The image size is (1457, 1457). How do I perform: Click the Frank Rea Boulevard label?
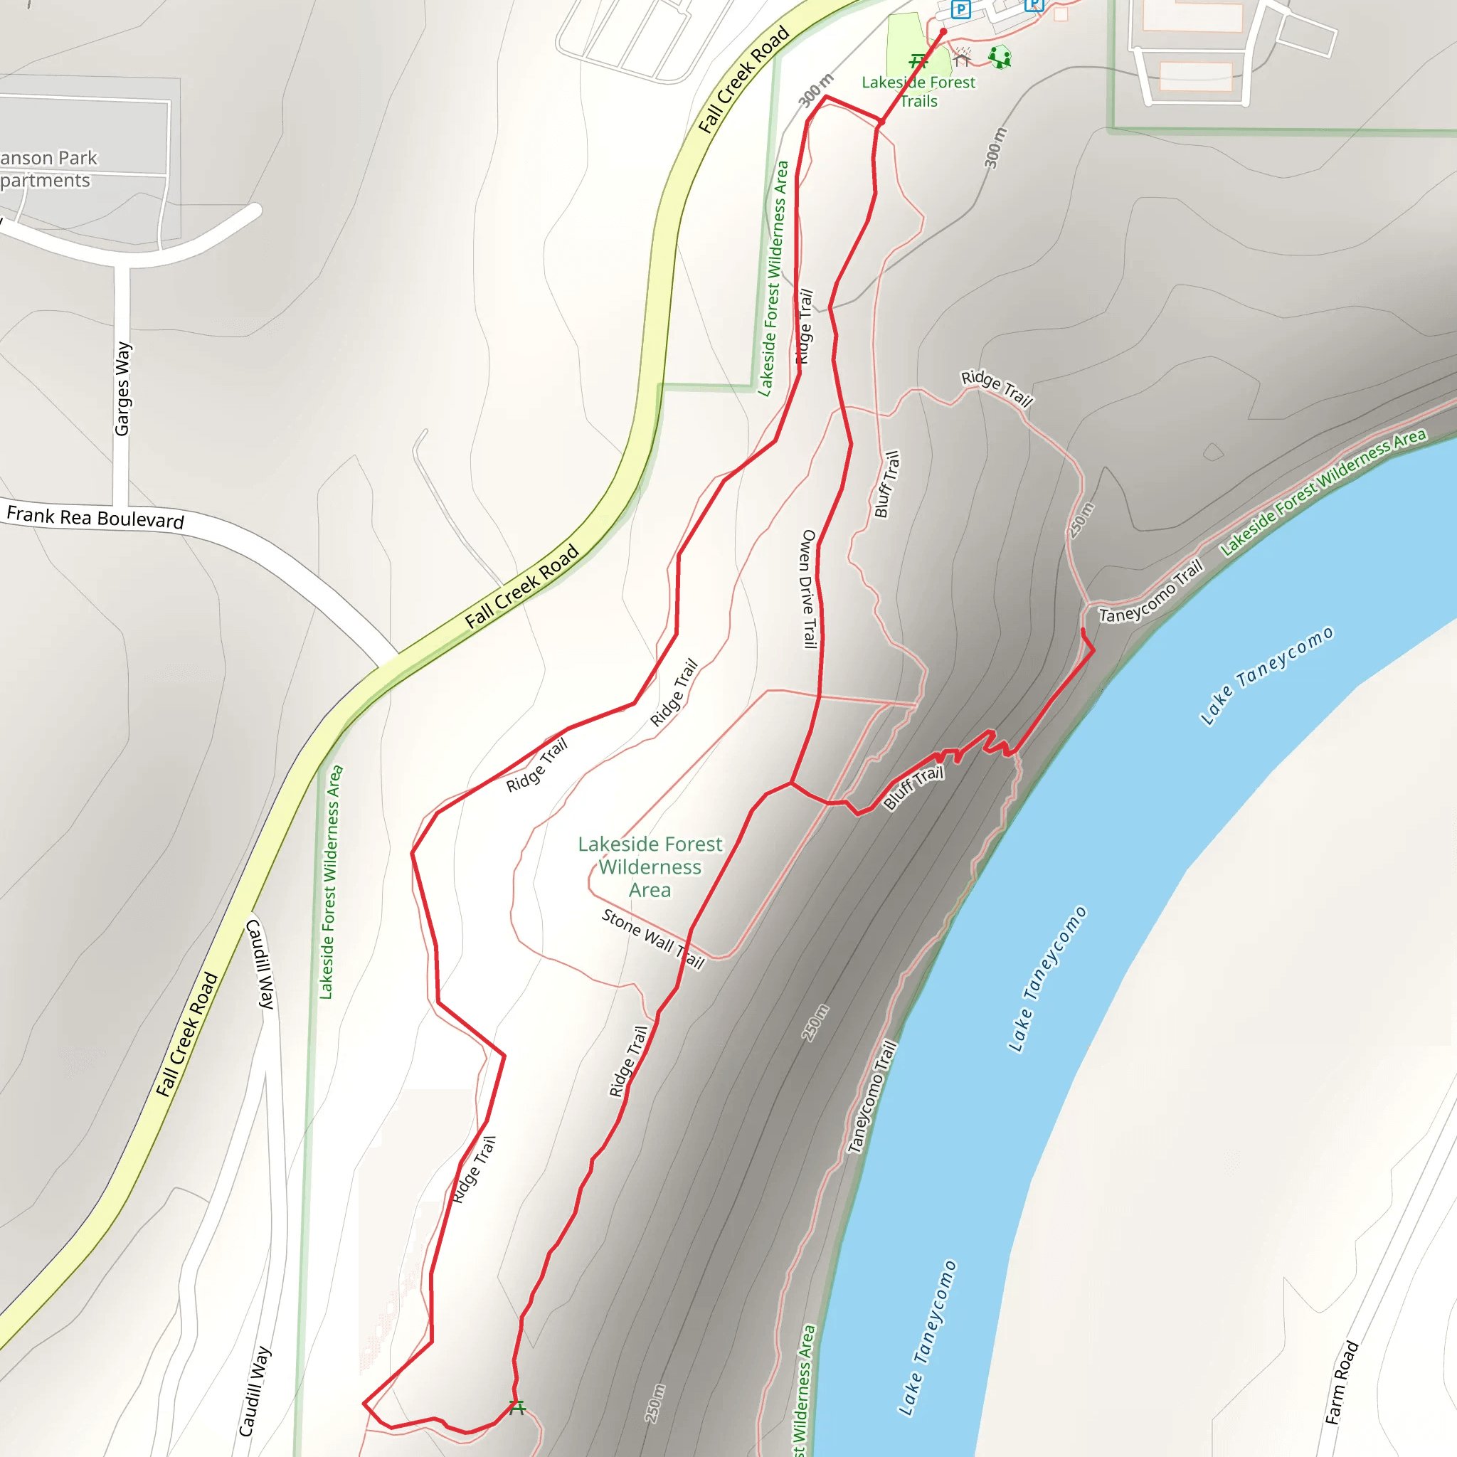tap(96, 517)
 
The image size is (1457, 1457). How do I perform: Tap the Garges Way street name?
tap(123, 388)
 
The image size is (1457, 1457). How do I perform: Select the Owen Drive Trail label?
tap(808, 589)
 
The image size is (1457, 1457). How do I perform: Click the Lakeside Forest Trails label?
tap(918, 91)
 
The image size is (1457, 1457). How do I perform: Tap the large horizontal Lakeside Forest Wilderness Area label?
tap(650, 867)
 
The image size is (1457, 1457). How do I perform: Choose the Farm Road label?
tap(1342, 1382)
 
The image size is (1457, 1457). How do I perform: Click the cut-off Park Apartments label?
tap(47, 169)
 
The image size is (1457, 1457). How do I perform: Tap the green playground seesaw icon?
tap(1000, 58)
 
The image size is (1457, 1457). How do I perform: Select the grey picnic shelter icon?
tap(962, 58)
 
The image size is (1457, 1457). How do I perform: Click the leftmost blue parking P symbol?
tap(960, 10)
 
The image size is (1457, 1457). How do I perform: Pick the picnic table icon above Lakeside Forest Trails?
tap(918, 61)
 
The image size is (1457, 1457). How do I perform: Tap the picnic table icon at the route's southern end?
tap(516, 1407)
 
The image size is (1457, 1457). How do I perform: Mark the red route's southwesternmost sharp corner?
tap(364, 1404)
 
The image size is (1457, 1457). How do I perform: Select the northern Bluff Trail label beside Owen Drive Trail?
tap(887, 484)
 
